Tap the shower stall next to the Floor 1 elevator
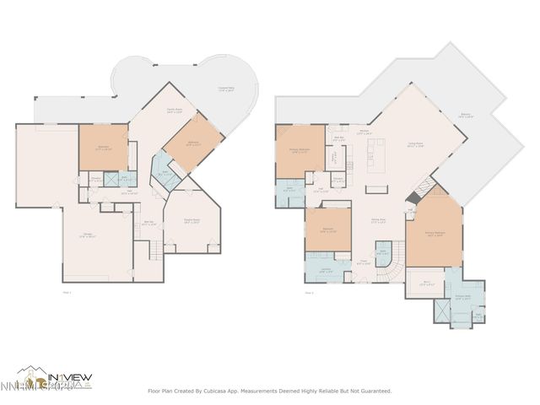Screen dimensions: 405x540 click(x=127, y=179)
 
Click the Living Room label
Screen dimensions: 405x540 click(x=415, y=144)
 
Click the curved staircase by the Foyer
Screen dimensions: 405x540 click(x=387, y=270)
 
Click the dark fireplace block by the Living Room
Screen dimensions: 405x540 click(x=410, y=197)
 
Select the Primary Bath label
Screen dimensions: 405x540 click(x=462, y=296)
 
